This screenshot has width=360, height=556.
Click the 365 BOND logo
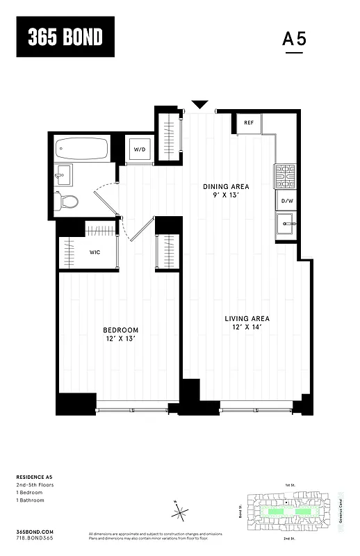click(65, 38)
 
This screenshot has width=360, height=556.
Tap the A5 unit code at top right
click(295, 39)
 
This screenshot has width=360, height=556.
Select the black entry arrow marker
click(200, 105)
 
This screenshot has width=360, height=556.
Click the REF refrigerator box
click(249, 123)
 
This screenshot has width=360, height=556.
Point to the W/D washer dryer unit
click(140, 149)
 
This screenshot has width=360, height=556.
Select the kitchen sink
click(286, 224)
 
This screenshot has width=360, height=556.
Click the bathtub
click(83, 148)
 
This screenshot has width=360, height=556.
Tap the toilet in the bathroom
click(67, 201)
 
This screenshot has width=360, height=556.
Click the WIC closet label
click(95, 252)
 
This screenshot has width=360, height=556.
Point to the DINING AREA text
click(226, 186)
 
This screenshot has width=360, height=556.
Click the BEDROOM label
click(121, 329)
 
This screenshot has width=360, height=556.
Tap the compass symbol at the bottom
click(180, 514)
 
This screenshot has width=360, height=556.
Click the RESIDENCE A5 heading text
click(35, 477)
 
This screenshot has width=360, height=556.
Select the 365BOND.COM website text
click(33, 531)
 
